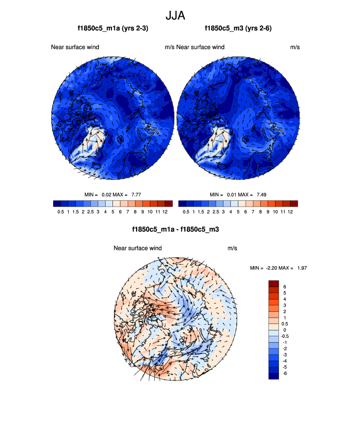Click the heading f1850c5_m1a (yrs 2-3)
coord(113,29)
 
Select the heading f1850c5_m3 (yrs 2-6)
coord(238,29)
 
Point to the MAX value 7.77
coord(135,194)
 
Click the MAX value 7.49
coord(261,194)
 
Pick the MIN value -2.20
coord(272,268)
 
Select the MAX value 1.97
coord(301,268)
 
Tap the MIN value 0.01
coord(233,194)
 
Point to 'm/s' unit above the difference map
coord(232,248)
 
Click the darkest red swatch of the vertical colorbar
coord(274,283)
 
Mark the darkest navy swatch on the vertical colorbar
coord(274,376)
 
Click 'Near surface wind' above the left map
coord(75,47)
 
